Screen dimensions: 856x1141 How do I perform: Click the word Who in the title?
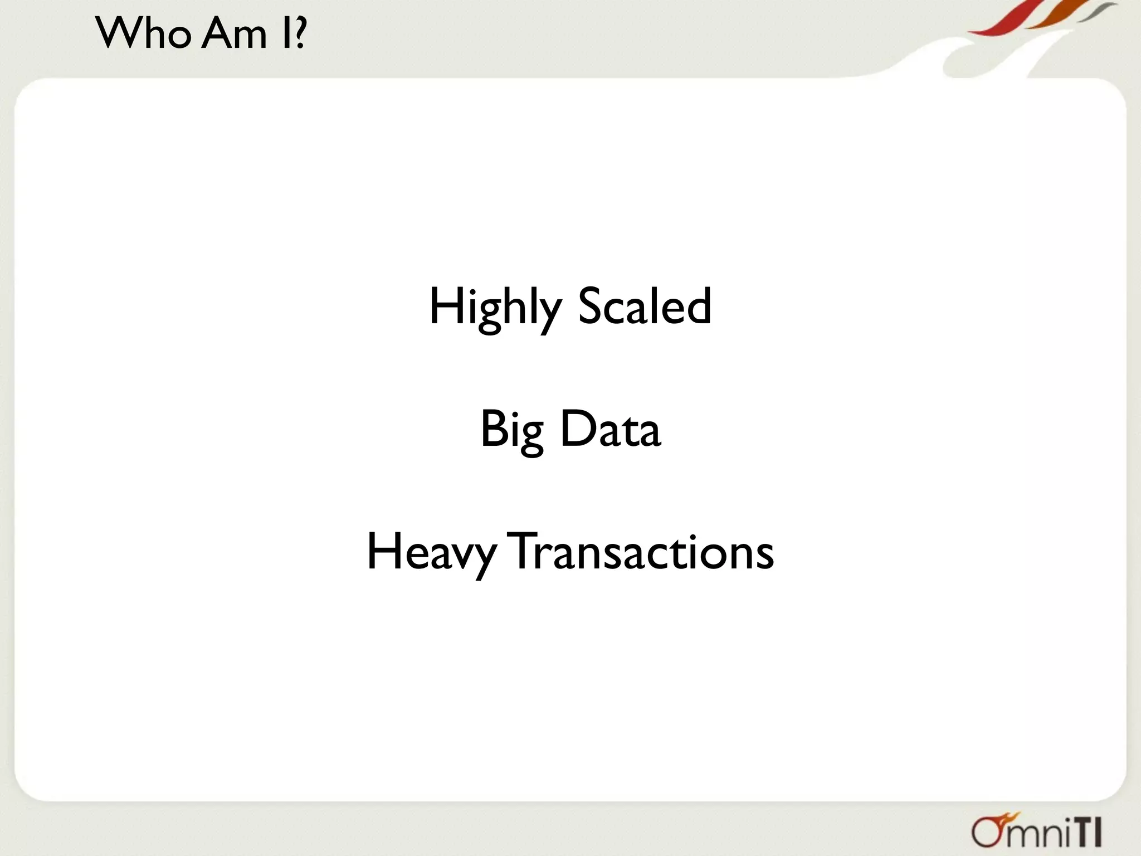pos(144,33)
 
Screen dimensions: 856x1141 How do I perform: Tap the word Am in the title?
pos(235,33)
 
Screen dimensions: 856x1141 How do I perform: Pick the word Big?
pos(511,430)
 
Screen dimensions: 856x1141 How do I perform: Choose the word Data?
pos(610,429)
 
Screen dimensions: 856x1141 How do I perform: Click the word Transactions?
pos(642,552)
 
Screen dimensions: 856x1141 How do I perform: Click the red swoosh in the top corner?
pos(1003,20)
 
